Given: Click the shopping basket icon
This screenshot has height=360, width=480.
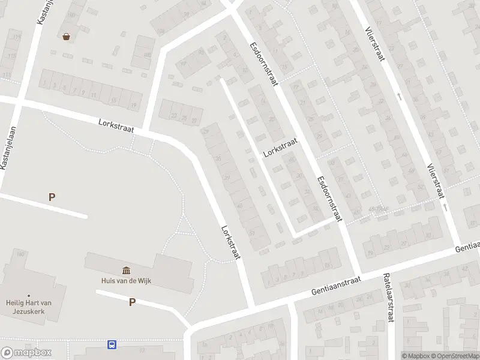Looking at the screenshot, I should [66, 37].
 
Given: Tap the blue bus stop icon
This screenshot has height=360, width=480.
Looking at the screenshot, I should [112, 344].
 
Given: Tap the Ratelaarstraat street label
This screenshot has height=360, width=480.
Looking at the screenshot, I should [388, 298].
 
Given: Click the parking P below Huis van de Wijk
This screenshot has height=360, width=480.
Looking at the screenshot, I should [132, 302].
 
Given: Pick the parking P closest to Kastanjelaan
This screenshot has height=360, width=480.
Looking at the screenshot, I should [52, 197].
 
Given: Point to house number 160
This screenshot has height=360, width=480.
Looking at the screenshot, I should [23, 254].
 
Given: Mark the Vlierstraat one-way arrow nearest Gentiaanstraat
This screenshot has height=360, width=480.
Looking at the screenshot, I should [445, 207].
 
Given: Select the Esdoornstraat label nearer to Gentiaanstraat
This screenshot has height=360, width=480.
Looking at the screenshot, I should [329, 199].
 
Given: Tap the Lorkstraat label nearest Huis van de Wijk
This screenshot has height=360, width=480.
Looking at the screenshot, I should [230, 242].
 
